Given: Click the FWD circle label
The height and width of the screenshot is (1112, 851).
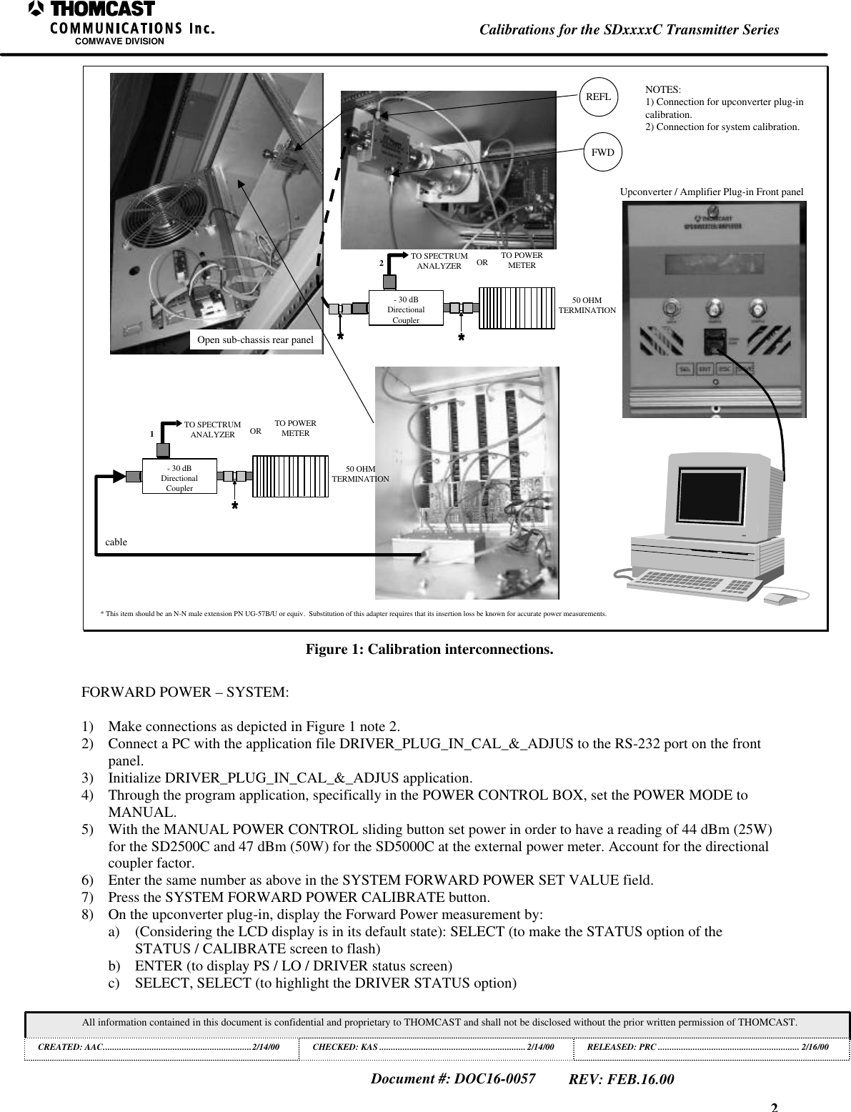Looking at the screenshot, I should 602,152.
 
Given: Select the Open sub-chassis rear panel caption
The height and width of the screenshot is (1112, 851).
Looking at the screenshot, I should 255,339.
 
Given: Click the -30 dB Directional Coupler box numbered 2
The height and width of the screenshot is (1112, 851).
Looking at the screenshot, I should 406,309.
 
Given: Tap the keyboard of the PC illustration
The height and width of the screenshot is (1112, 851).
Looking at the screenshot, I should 694,583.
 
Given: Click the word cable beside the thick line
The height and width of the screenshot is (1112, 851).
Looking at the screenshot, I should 116,542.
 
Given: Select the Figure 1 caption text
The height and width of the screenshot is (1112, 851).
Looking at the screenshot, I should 429,650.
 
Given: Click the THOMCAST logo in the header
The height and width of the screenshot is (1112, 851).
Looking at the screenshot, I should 93,10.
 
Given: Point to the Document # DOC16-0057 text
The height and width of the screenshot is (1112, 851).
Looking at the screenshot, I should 454,1078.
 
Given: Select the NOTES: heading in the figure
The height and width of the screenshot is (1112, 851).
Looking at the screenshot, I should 663,89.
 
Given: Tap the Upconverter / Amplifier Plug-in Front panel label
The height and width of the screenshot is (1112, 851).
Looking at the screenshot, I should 711,192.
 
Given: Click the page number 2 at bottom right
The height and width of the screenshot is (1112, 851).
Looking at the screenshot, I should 774,1107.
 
